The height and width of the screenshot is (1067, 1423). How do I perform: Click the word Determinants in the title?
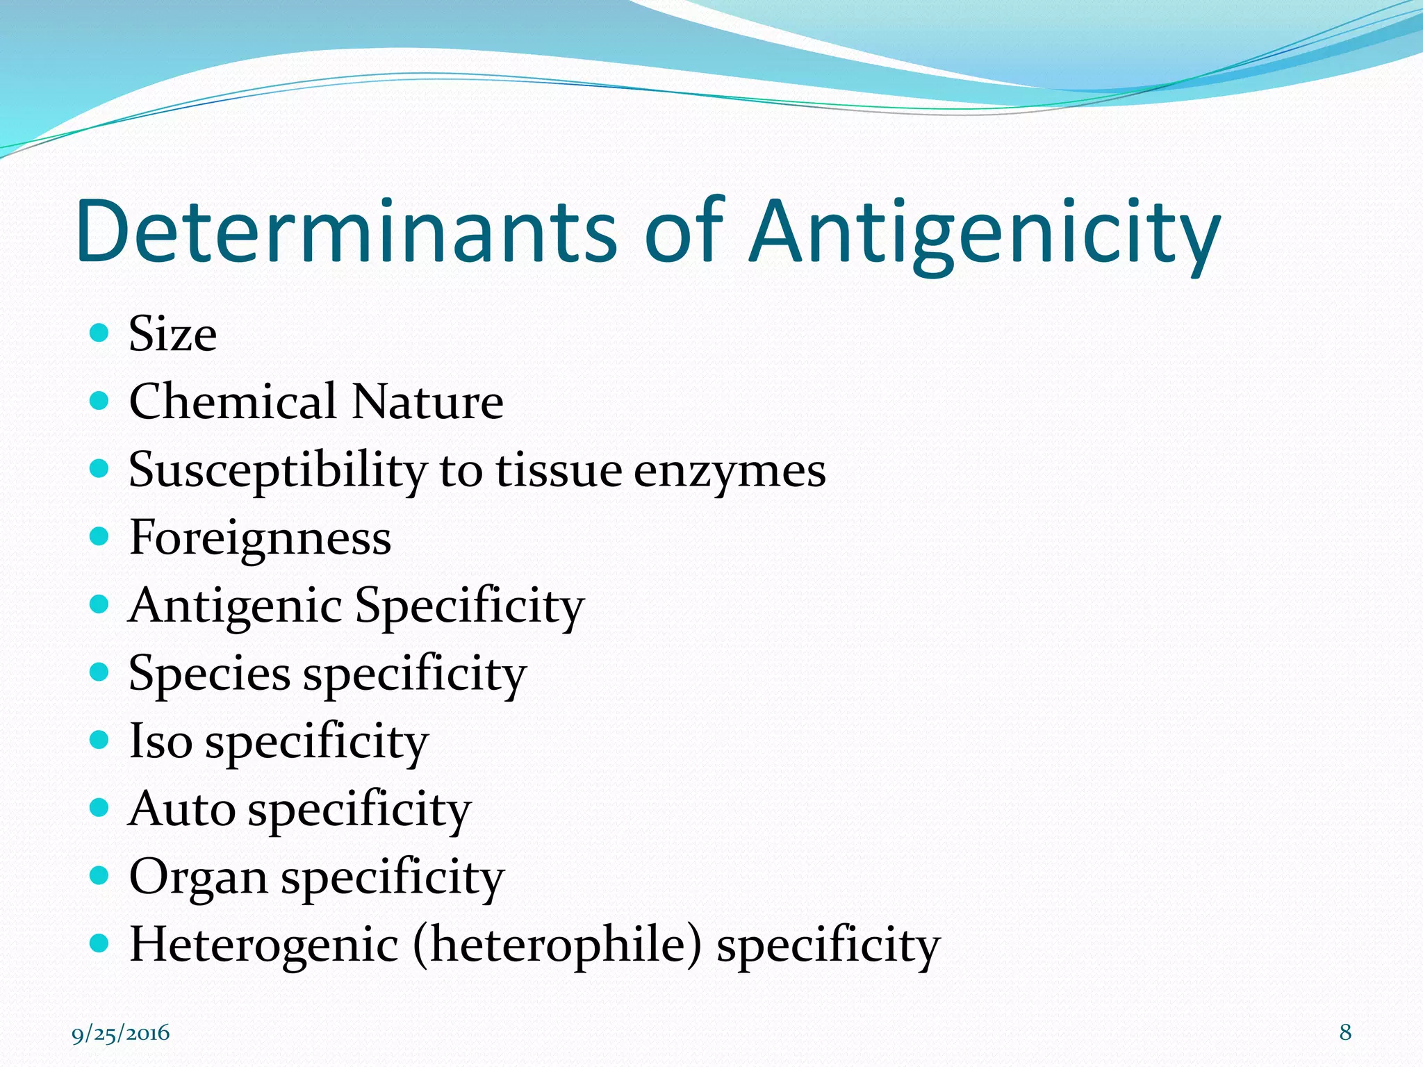[346, 232]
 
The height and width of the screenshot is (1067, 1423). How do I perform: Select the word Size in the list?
[173, 334]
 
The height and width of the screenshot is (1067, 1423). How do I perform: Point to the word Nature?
[427, 402]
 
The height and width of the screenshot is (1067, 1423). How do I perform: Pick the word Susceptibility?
[278, 470]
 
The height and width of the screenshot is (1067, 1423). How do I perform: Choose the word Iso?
[161, 741]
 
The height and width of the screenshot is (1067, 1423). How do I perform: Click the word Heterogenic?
[265, 945]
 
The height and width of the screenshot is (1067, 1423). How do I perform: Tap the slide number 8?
[1345, 1032]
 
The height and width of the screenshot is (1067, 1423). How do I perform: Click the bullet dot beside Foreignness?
[100, 536]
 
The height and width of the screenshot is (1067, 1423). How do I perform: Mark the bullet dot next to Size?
[100, 333]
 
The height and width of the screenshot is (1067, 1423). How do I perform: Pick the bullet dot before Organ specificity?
[100, 875]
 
